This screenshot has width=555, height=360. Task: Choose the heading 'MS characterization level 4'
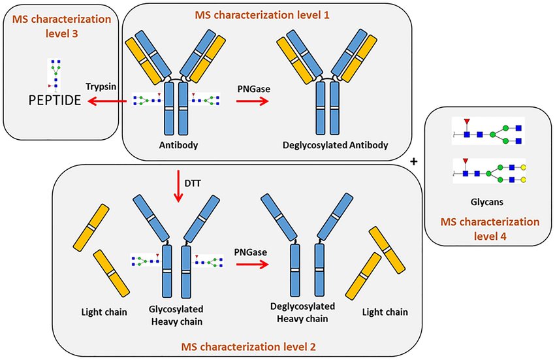coord(488,227)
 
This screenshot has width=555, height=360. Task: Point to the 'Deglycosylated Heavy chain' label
coord(302,312)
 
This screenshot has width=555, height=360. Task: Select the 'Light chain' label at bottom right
coord(386,312)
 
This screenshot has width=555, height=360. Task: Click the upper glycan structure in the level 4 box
coord(488,133)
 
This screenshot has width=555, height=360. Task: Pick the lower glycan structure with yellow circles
coord(488,172)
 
